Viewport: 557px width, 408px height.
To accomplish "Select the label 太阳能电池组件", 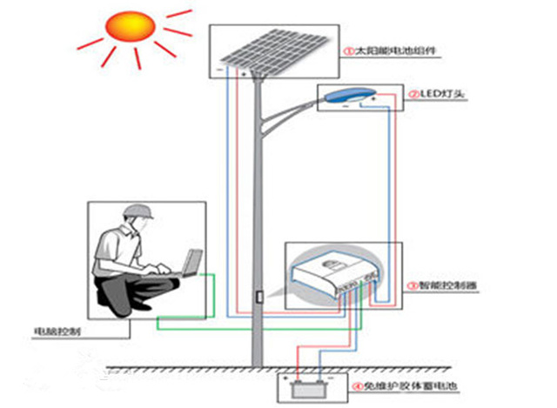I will [x=396, y=51].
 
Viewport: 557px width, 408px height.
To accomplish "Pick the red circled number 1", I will [x=350, y=51].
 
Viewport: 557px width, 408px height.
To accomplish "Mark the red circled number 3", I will [x=412, y=285].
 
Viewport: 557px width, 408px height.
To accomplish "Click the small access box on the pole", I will [x=258, y=296].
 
